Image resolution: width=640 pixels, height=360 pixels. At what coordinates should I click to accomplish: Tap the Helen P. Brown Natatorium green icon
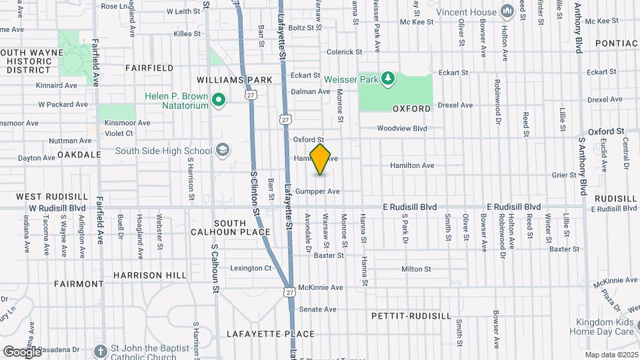coord(217,101)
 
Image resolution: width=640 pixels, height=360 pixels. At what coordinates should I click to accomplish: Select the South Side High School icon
coord(223,151)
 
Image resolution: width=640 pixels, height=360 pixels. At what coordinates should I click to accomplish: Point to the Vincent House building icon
coord(507,11)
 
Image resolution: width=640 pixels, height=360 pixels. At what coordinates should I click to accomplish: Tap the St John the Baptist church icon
coord(100,351)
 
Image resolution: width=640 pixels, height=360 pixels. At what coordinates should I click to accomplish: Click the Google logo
coord(22,352)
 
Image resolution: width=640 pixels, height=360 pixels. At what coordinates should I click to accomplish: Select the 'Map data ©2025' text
coord(612,355)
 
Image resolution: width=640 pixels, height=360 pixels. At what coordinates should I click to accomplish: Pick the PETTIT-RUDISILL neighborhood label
coord(411,315)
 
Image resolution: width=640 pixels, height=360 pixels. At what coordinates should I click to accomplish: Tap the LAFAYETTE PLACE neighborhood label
coord(270,334)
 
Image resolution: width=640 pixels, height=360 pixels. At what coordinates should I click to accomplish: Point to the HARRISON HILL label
coord(150,275)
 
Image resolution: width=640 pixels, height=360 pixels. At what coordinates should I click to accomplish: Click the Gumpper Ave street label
coord(317,191)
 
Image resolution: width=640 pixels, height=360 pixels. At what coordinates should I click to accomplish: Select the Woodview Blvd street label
coord(401,128)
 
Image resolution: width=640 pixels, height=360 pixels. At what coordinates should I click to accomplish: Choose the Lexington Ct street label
coord(251,269)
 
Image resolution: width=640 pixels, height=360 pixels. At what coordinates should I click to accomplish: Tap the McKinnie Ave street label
coord(320,287)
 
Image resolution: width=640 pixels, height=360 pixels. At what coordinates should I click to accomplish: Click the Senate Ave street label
coord(317,309)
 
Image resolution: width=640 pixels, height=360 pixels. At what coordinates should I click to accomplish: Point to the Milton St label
coord(416,269)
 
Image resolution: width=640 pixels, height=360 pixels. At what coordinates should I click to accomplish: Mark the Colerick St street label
coord(344,51)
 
